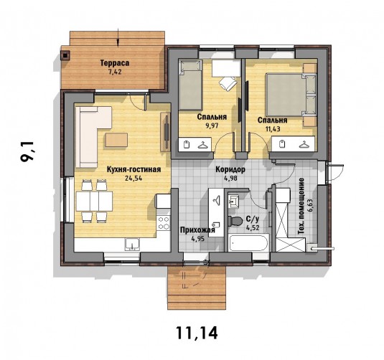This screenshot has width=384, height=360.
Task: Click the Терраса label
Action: click(x=115, y=63)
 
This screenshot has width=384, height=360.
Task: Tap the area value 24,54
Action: click(x=134, y=178)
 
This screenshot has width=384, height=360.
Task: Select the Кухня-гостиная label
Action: click(x=134, y=169)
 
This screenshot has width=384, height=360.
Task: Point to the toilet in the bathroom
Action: click(x=235, y=221)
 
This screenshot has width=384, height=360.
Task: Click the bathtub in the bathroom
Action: click(x=248, y=242)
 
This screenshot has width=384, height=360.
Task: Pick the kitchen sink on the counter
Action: click(x=132, y=245)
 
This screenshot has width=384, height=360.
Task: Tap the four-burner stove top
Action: click(x=164, y=223)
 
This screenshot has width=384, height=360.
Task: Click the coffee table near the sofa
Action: click(x=116, y=140)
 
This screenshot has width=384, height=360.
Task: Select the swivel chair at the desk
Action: click(x=228, y=83)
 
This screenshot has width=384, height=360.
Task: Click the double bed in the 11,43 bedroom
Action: click(x=291, y=94)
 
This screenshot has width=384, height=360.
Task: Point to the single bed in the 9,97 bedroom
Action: click(x=190, y=85)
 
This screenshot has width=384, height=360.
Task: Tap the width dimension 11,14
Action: click(x=197, y=333)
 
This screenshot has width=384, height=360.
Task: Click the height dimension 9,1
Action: click(x=28, y=151)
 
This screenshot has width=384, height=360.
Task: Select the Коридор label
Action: click(x=230, y=169)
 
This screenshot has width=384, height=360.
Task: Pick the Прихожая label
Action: click(x=197, y=230)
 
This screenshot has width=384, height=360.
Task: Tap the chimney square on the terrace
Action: click(x=65, y=56)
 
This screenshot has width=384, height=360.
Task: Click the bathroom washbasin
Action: click(x=234, y=202)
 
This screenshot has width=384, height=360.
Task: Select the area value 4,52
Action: click(x=253, y=228)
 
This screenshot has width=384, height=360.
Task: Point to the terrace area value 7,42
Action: click(x=115, y=72)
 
